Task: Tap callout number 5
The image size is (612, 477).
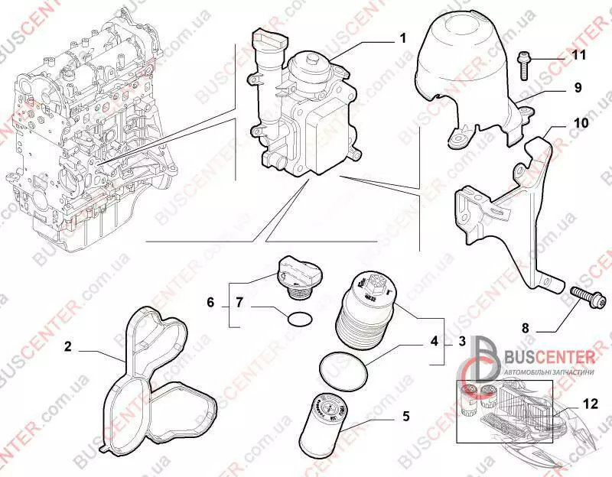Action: point(406,416)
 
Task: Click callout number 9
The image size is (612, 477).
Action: point(578,89)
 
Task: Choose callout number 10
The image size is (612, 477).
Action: point(581,122)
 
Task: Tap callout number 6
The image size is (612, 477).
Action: point(210,303)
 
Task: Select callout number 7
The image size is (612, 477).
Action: point(239,303)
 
